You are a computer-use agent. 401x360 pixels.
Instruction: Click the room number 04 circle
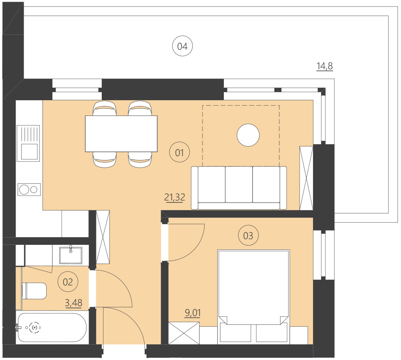(182, 47)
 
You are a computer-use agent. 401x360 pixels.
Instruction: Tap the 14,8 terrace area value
(324, 67)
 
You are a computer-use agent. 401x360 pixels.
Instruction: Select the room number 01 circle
(180, 153)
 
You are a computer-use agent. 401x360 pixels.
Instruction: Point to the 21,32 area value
(174, 197)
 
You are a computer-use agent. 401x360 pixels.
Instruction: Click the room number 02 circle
(68, 282)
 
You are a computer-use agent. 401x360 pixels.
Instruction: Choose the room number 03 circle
(248, 236)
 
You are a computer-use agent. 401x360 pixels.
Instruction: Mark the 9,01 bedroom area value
(192, 313)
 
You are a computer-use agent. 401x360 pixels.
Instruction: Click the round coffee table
(248, 135)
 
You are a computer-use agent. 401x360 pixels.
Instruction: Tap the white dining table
(121, 134)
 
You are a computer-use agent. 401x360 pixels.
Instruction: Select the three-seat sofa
(239, 187)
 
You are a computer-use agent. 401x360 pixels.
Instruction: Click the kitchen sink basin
(29, 151)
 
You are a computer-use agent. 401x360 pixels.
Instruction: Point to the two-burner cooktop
(29, 189)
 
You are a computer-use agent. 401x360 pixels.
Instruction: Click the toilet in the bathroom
(34, 291)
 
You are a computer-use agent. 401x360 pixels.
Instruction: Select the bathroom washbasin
(71, 255)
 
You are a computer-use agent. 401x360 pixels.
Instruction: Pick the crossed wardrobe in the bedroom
(184, 334)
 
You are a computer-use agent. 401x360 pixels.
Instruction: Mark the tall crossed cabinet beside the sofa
(306, 178)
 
